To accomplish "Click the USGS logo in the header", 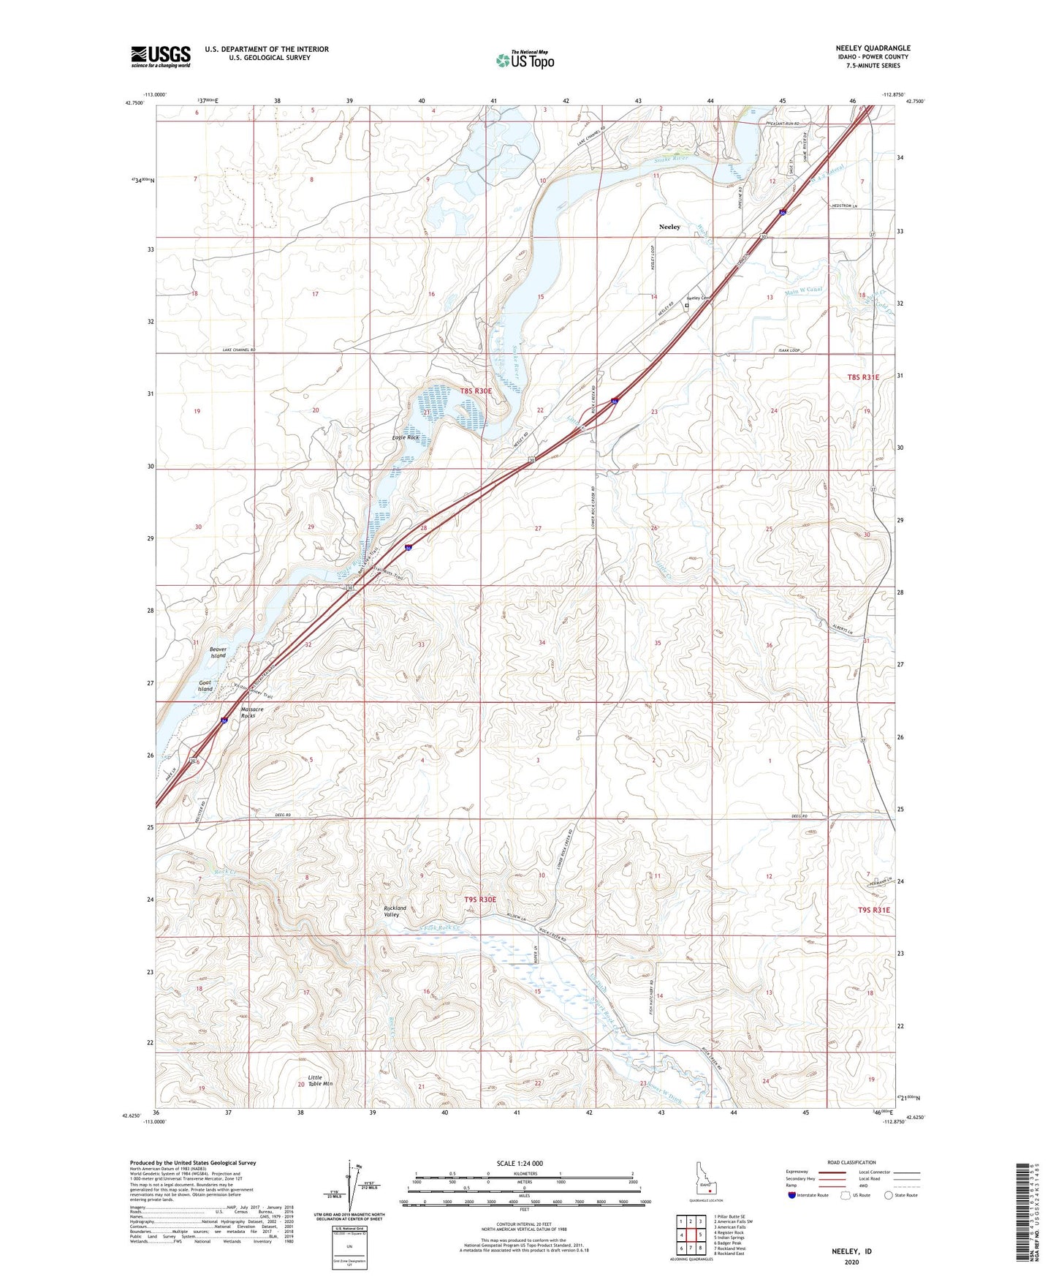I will pyautogui.click(x=161, y=56).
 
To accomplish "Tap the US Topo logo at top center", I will pyautogui.click(x=525, y=59).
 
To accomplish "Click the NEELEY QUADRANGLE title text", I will pyautogui.click(x=873, y=48).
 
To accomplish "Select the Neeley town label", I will pyautogui.click(x=669, y=227).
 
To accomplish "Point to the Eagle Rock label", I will pyautogui.click(x=406, y=437).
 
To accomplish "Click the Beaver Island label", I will pyautogui.click(x=219, y=652).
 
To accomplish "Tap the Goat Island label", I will pyautogui.click(x=205, y=685).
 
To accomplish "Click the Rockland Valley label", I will pyautogui.click(x=395, y=911).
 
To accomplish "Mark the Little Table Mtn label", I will pyautogui.click(x=316, y=1080).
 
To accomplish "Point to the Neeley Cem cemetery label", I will pyautogui.click(x=698, y=298).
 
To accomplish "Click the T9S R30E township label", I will pyautogui.click(x=480, y=899).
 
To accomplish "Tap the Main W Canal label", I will pyautogui.click(x=803, y=290).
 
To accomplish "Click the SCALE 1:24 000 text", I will pyautogui.click(x=520, y=1163).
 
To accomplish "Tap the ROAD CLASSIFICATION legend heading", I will pyautogui.click(x=851, y=1162).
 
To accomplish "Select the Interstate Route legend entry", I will pyautogui.click(x=808, y=1195).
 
